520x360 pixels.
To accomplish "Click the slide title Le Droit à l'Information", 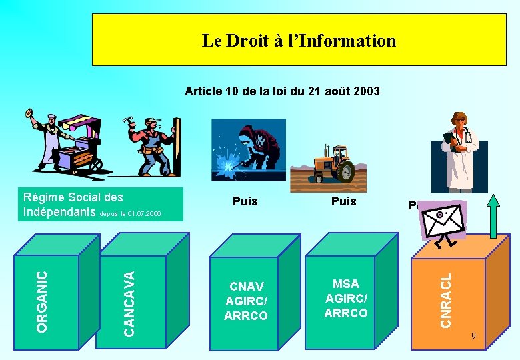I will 299,41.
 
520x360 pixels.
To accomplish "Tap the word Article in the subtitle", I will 203,91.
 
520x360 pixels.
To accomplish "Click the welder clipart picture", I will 248,148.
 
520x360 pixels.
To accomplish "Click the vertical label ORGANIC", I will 42,301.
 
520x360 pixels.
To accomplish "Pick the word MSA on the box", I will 345,284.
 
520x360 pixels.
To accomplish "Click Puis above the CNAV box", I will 245,201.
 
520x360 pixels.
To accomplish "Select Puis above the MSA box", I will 343,201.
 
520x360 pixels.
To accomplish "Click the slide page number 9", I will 473,336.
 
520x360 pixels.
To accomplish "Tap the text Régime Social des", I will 73,197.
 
